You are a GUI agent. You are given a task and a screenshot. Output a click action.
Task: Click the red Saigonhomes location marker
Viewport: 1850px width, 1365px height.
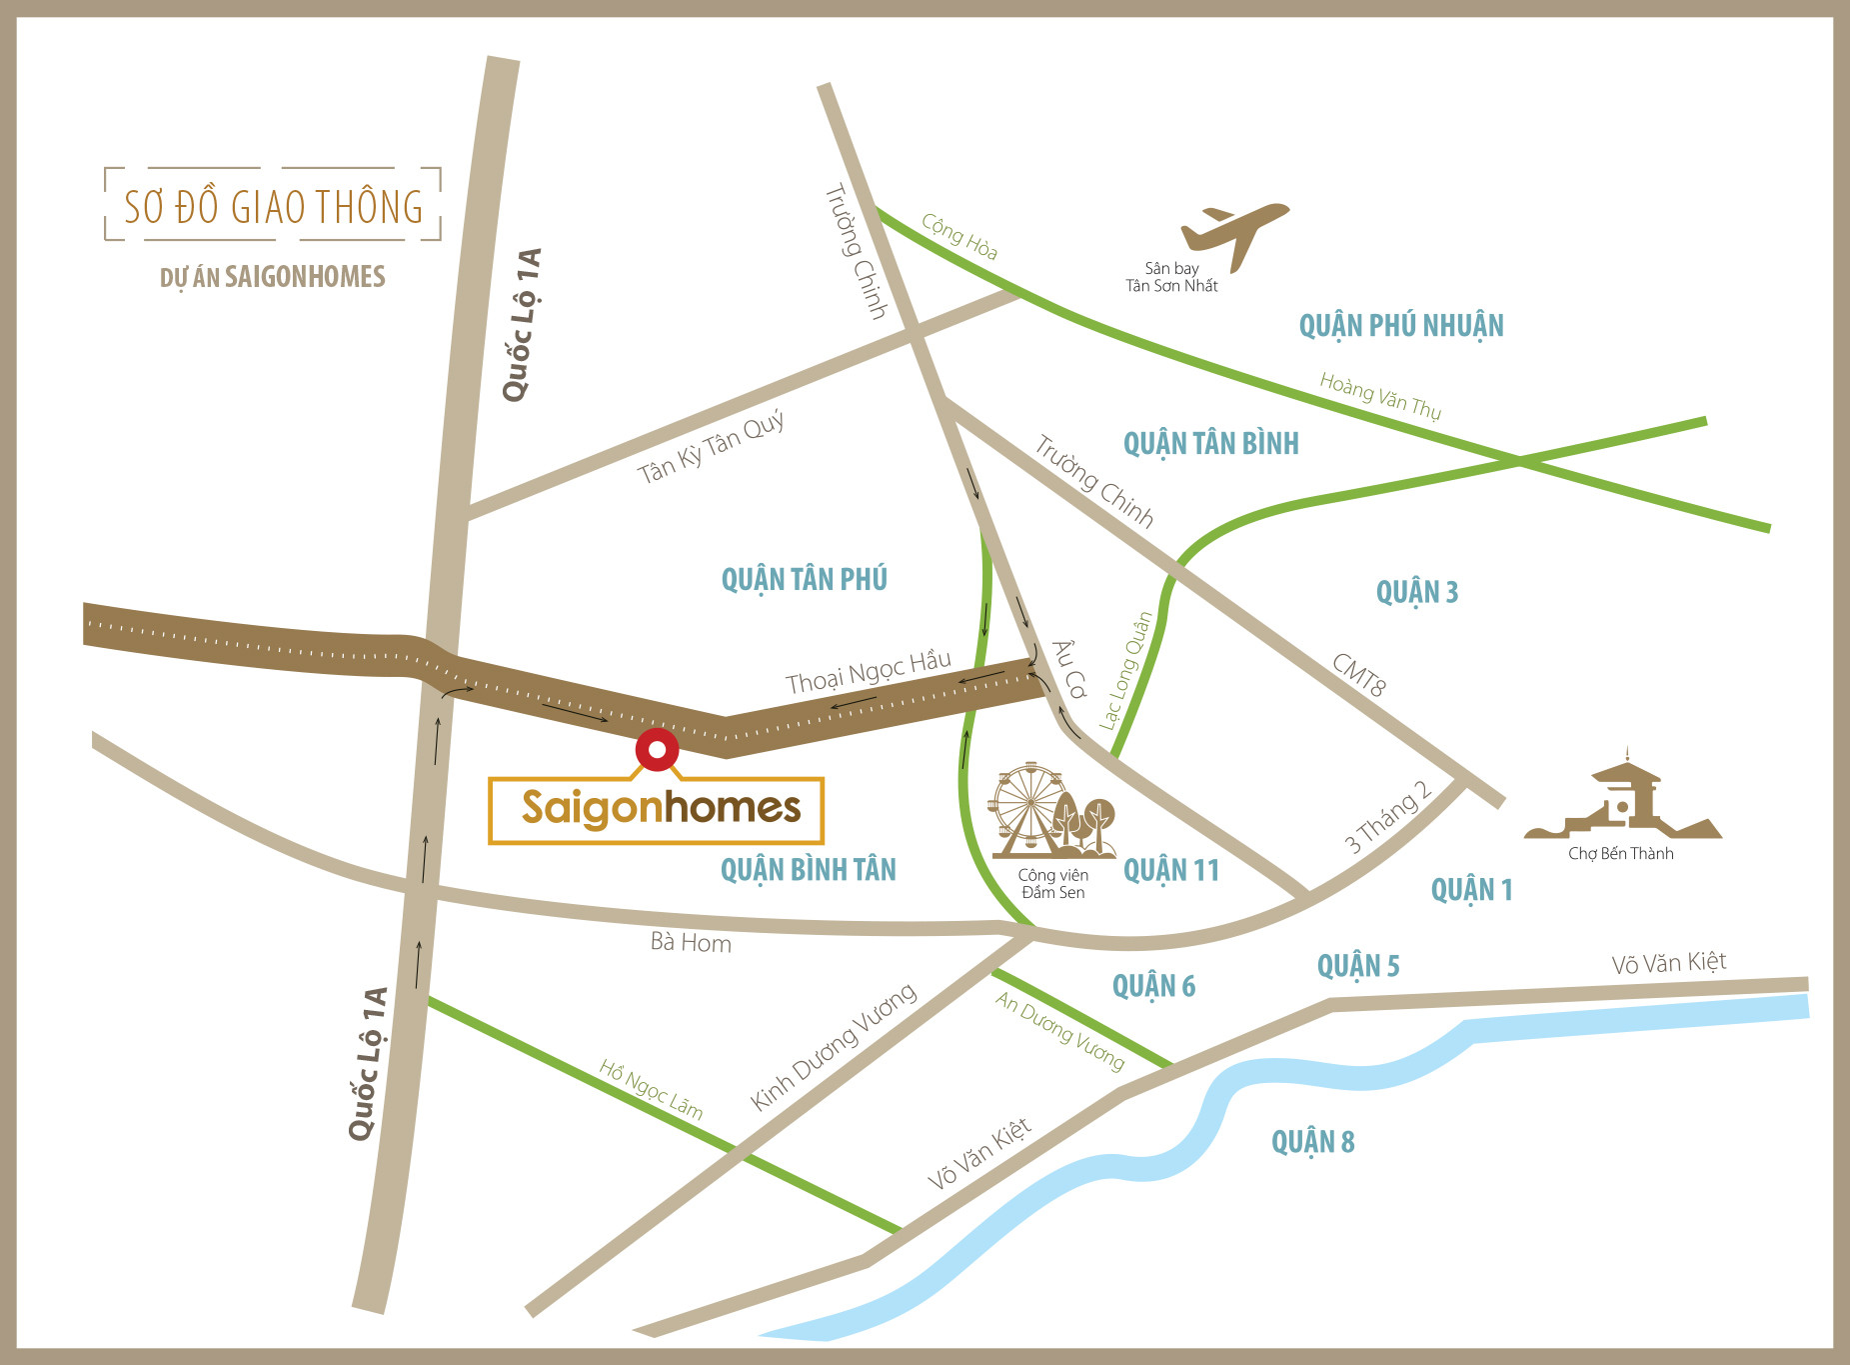(657, 749)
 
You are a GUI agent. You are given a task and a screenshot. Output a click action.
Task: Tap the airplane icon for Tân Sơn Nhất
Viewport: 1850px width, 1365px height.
(1234, 233)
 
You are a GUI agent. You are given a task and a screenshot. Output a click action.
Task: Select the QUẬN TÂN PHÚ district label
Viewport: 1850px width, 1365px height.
(804, 579)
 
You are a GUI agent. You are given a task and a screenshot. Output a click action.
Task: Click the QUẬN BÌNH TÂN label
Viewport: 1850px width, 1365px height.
(808, 870)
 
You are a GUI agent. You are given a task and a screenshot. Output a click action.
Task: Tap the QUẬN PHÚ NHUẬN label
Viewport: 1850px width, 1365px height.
(1400, 326)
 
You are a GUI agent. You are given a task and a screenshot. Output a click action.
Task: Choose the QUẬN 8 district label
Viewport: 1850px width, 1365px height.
(1312, 1142)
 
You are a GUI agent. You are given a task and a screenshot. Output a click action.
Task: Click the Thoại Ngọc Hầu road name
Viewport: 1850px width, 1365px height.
(868, 671)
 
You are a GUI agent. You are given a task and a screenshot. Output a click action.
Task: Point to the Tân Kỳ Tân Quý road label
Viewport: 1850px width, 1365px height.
(711, 448)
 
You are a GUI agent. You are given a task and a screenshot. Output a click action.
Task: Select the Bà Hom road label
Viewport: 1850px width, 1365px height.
(691, 942)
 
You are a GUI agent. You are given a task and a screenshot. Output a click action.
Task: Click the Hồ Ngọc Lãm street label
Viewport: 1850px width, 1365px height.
(651, 1089)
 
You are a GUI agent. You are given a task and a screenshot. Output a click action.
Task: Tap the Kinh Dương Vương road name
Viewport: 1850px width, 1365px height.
(833, 1046)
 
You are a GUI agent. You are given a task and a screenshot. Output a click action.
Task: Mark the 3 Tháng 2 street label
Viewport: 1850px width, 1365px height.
(1387, 817)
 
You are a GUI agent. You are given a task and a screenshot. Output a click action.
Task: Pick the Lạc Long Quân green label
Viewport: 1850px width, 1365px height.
(1125, 670)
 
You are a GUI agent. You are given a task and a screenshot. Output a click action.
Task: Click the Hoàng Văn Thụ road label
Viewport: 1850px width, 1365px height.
(1379, 395)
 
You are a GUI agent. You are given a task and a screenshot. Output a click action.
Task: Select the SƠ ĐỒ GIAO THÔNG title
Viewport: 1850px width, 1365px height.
(273, 206)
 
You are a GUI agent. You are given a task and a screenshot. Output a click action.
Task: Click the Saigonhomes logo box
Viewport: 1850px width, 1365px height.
(656, 810)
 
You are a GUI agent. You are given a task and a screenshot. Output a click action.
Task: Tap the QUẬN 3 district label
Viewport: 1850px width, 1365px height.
(1416, 592)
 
